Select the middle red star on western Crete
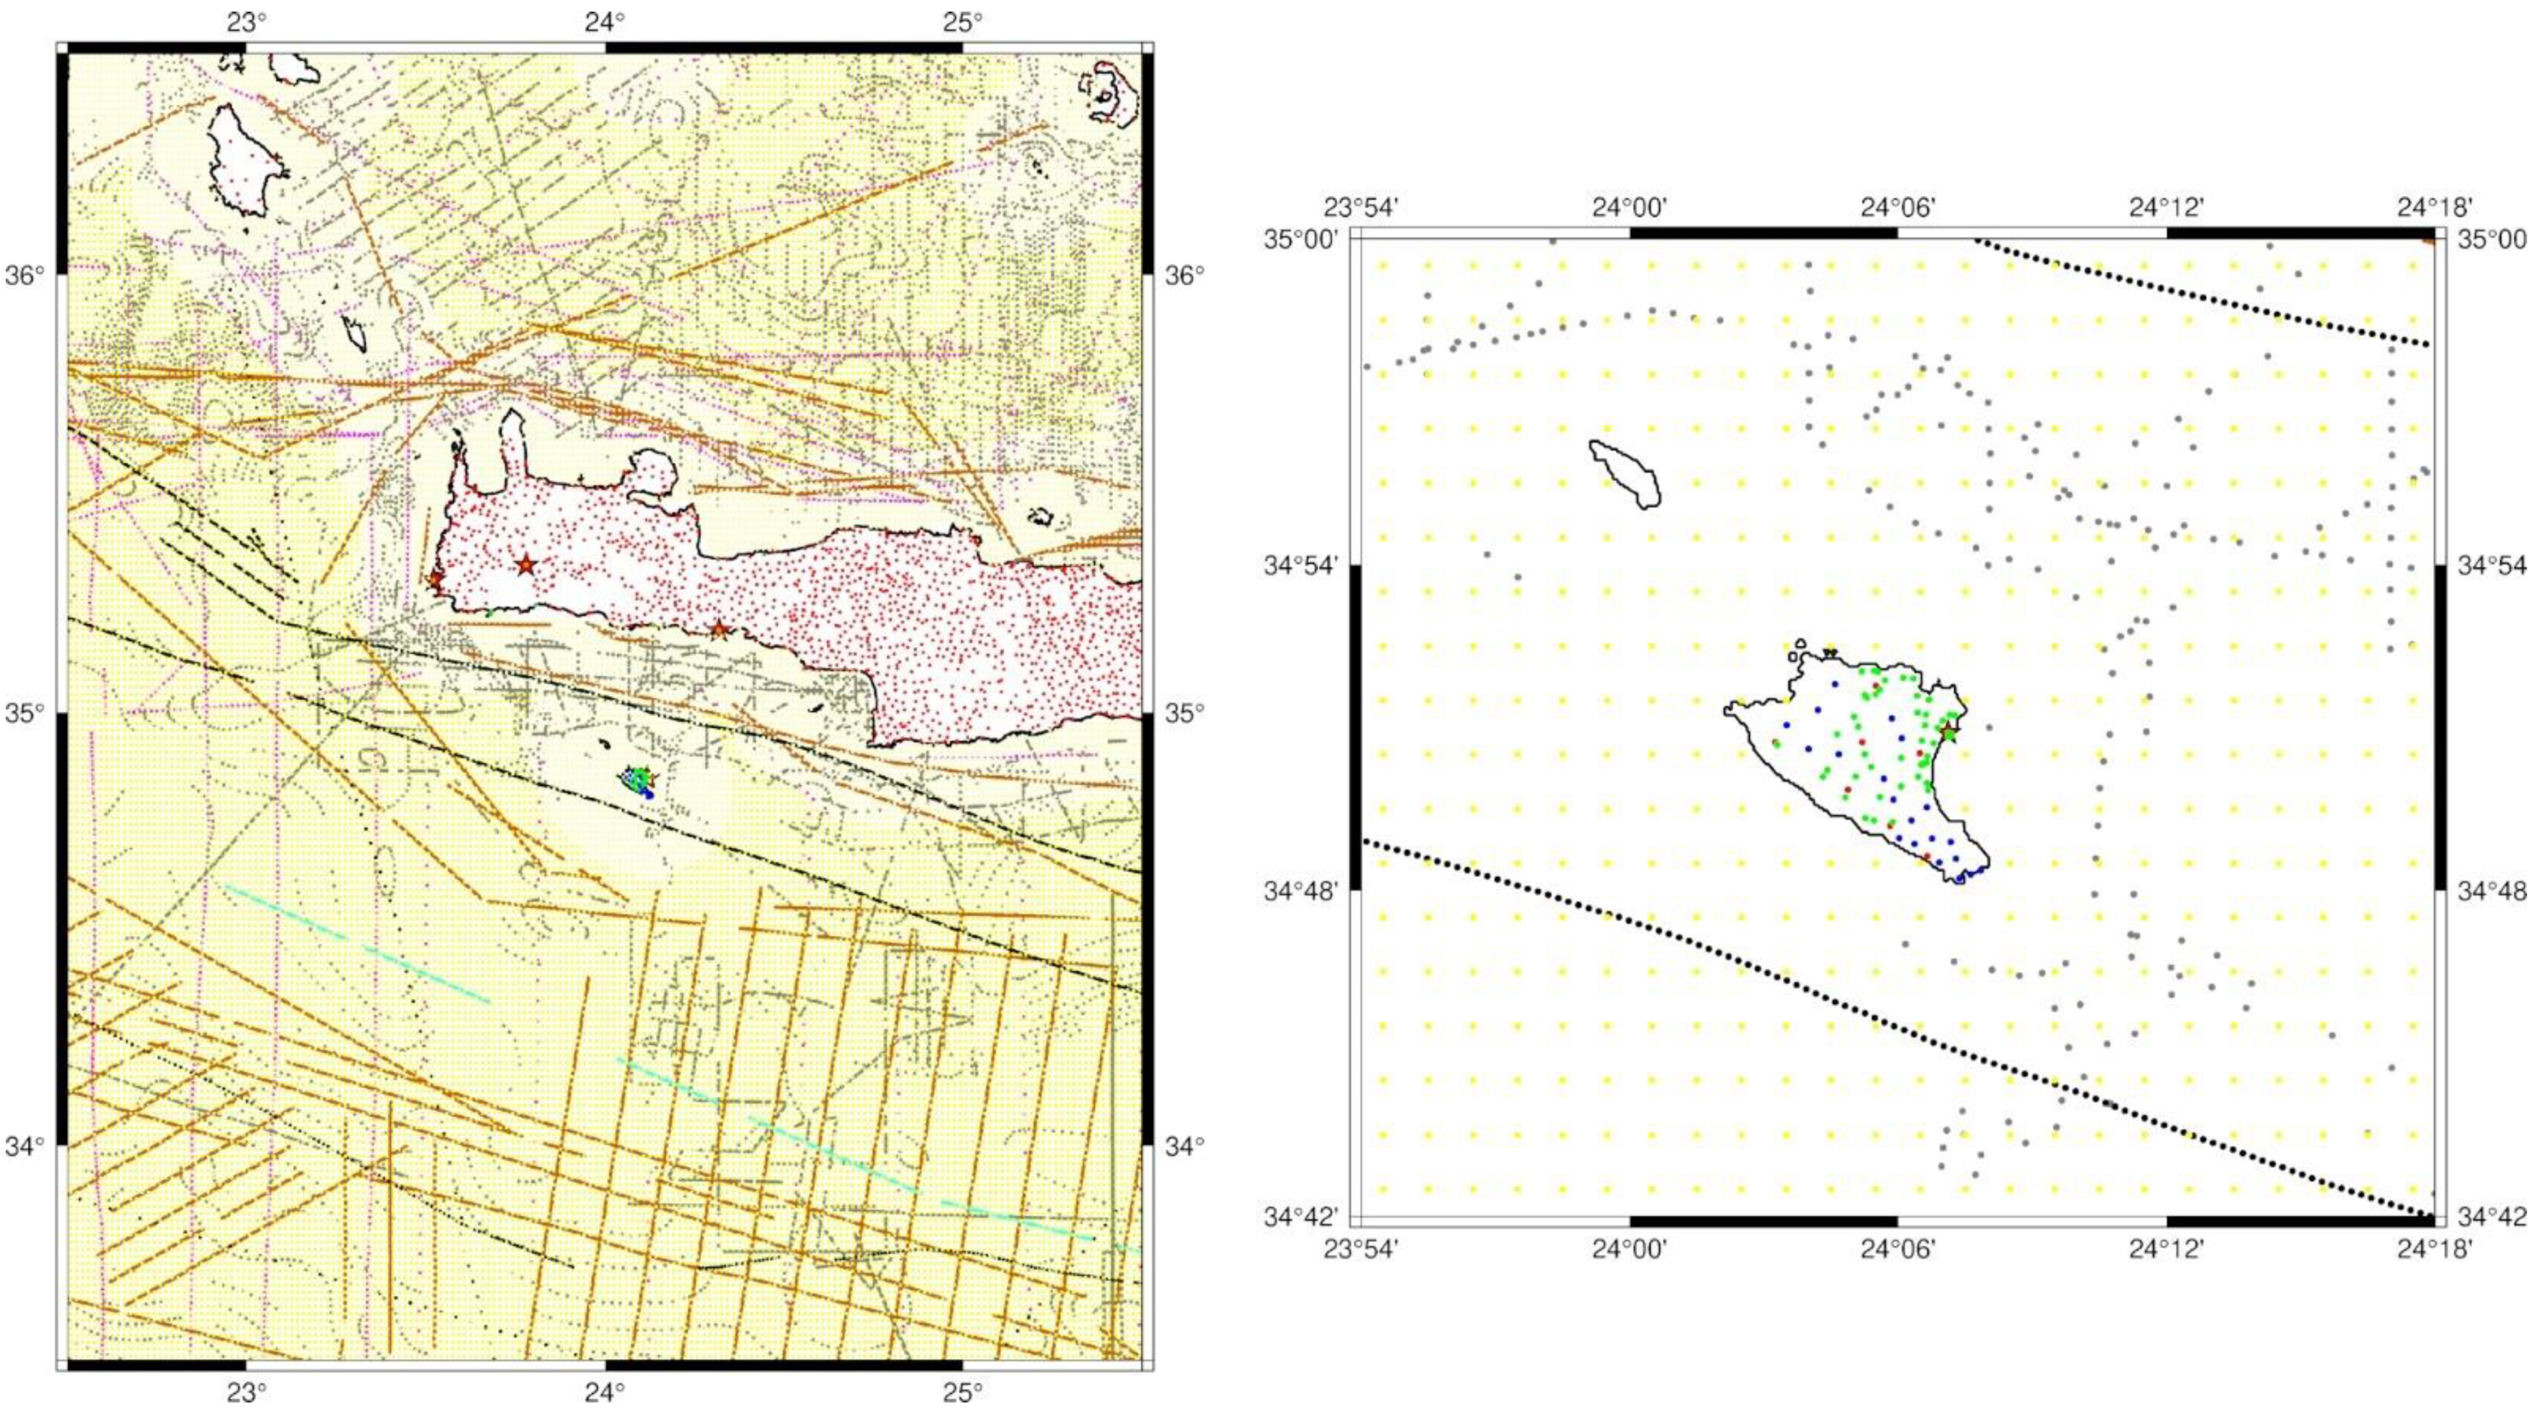tap(525, 564)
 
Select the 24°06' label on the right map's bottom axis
tap(1897, 1249)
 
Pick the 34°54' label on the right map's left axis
tap(1301, 566)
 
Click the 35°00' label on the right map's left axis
tap(1301, 240)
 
